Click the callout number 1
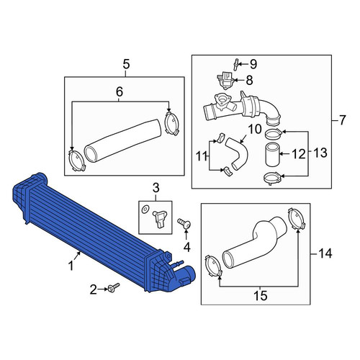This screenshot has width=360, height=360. (71, 266)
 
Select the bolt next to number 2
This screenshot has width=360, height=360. (114, 287)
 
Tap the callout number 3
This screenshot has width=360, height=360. (156, 188)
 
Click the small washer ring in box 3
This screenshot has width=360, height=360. (145, 210)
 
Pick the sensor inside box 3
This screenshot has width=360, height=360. (159, 218)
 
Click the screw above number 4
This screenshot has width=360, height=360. (184, 224)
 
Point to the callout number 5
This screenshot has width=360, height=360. (126, 64)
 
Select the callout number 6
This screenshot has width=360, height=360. (120, 91)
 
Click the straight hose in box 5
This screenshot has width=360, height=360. (122, 140)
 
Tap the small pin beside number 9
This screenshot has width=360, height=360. (236, 65)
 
